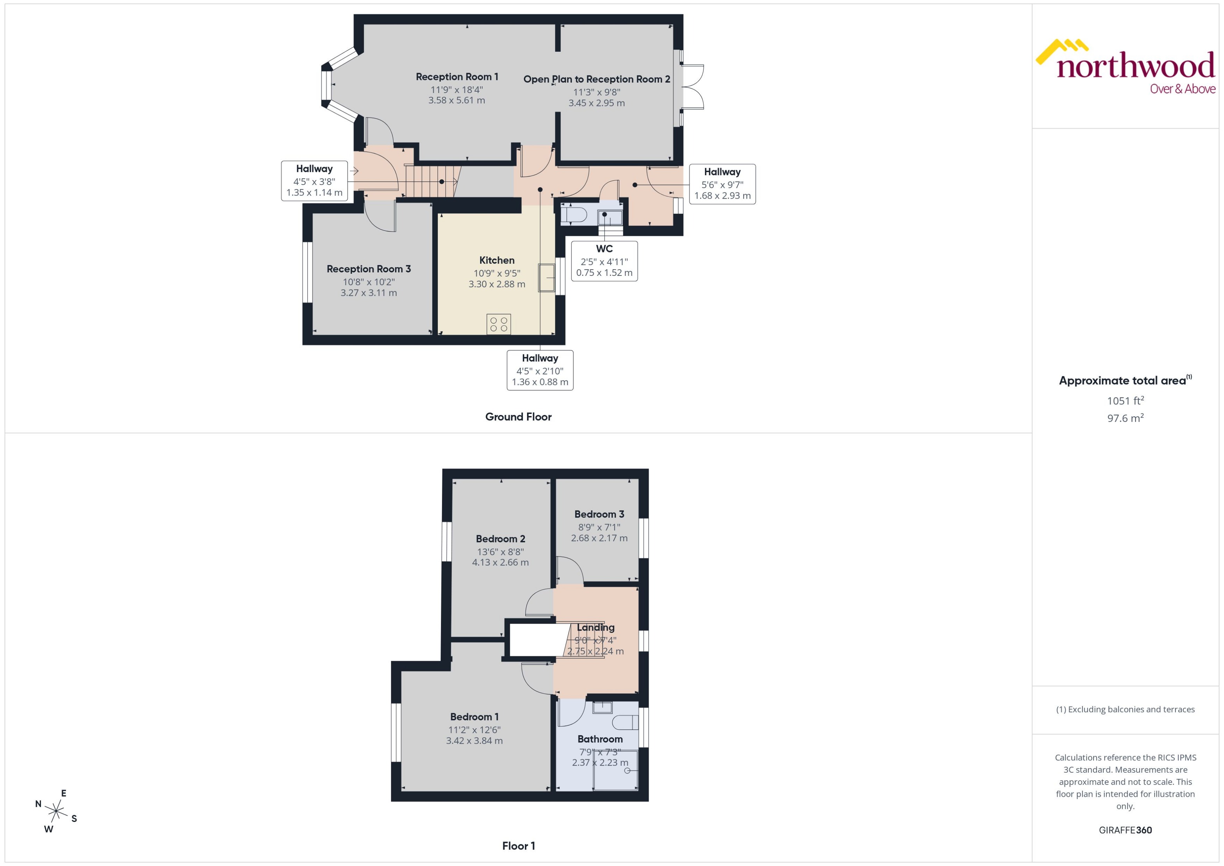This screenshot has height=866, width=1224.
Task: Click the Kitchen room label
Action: [497, 260]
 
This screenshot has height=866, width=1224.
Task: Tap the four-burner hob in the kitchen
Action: [498, 324]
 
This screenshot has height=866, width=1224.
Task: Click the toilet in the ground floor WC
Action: [573, 215]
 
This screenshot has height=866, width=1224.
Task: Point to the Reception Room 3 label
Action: [369, 269]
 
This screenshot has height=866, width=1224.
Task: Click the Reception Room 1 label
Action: [456, 77]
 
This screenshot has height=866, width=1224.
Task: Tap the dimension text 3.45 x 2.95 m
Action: [596, 103]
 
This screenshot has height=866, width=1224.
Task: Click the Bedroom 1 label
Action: [474, 717]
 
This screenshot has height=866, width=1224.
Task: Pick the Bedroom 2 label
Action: [500, 538]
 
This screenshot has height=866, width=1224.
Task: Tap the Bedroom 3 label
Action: [599, 514]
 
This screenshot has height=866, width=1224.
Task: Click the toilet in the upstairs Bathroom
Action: [625, 723]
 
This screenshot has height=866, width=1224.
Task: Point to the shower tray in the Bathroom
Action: [615, 770]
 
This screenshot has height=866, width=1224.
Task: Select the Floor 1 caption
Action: [518, 846]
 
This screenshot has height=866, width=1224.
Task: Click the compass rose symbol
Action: [56, 811]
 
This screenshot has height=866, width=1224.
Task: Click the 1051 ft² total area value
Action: [1125, 400]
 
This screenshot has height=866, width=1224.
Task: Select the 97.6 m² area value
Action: [1125, 418]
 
